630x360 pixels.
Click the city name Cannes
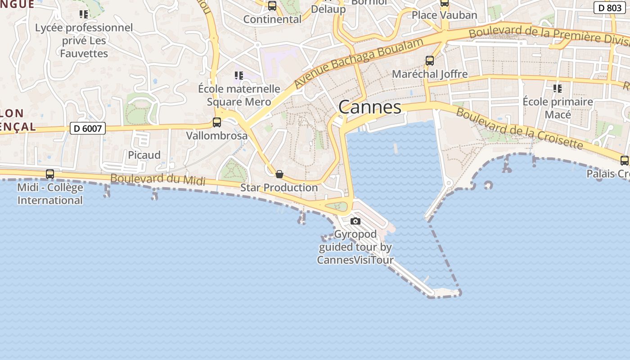tap(369, 107)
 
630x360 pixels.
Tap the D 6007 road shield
tap(88, 129)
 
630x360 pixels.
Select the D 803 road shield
tap(610, 8)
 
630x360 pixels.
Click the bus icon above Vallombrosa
tap(216, 122)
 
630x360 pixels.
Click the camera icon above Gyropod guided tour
tap(355, 221)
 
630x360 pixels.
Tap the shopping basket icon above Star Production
tap(279, 174)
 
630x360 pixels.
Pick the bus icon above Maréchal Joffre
tap(430, 60)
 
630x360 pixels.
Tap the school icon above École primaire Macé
tap(558, 89)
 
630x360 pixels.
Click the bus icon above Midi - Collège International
tap(50, 174)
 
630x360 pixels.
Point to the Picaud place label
tap(144, 155)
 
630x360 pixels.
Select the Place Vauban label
tap(444, 15)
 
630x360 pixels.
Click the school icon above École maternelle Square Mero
tap(238, 76)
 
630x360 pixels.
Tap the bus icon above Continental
tap(272, 6)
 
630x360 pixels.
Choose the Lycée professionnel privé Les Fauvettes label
tap(84, 40)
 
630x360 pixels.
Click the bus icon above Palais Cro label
tap(624, 161)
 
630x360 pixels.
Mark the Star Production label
tap(279, 187)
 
